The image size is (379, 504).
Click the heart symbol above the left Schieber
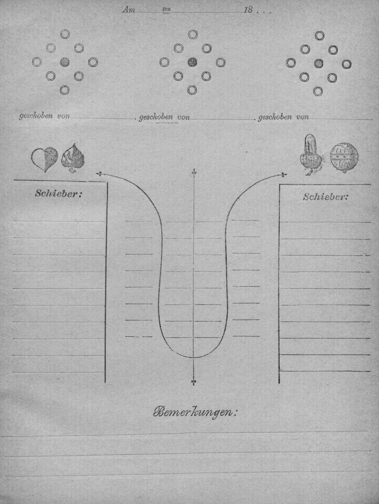tap(44, 159)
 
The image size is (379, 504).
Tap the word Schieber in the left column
tap(58, 194)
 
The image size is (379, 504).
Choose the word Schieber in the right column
tap(325, 197)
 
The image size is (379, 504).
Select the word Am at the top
tap(128, 10)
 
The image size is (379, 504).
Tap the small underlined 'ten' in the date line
tap(166, 9)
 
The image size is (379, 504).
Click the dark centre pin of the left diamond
tap(65, 62)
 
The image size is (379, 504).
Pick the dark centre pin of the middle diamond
tap(192, 62)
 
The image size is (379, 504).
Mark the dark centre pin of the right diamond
tap(319, 63)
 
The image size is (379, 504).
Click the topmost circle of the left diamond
tap(65, 34)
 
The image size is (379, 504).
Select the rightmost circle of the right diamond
tap(346, 64)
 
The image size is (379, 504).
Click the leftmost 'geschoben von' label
tap(45, 116)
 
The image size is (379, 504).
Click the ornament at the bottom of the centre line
tap(194, 382)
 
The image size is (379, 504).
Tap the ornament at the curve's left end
tap(99, 174)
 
